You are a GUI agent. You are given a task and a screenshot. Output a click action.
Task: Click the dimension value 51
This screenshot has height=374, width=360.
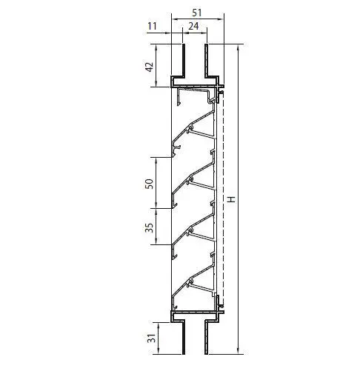(x=196, y=13)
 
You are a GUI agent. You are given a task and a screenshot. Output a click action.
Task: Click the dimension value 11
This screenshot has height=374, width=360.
(x=152, y=26)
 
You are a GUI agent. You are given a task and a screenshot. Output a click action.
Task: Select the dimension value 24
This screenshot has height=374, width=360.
(x=193, y=26)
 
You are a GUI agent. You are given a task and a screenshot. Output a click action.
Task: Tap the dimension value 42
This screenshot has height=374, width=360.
(x=149, y=67)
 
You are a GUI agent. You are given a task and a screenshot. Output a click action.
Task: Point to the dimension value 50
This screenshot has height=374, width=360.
(x=149, y=184)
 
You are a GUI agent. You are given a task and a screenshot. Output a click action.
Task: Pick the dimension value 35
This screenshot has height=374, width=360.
(x=149, y=227)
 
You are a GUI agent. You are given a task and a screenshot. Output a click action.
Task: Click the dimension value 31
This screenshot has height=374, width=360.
(x=151, y=338)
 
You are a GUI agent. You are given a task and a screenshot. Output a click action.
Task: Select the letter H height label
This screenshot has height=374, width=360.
(x=231, y=199)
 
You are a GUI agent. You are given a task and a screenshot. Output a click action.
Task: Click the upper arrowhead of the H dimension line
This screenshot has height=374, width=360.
(x=238, y=47)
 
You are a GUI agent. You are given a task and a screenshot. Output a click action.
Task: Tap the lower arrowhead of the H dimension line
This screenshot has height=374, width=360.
(x=238, y=351)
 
